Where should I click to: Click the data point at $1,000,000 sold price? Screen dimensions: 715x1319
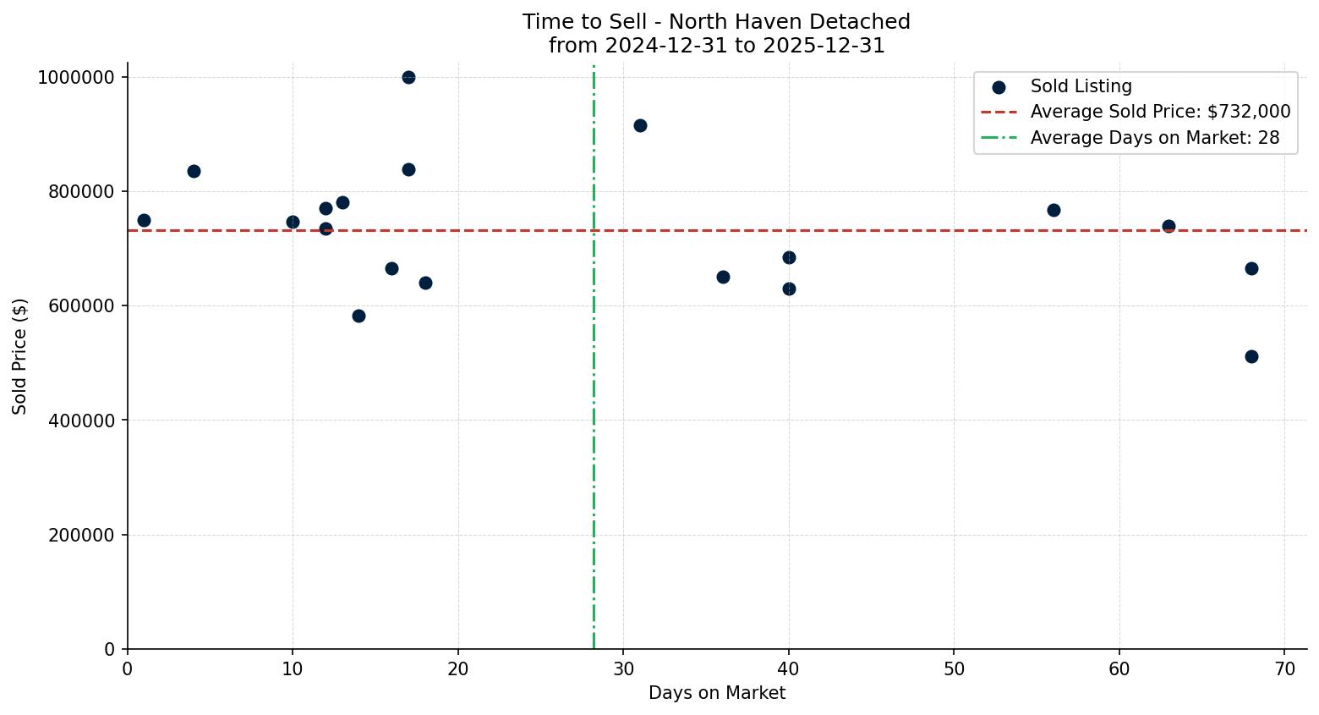click(x=408, y=77)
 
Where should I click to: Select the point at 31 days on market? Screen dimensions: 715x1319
click(x=640, y=125)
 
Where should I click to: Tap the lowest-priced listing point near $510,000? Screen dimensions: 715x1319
click(x=1251, y=356)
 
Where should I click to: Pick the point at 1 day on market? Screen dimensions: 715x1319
click(x=144, y=220)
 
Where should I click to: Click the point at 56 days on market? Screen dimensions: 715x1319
click(x=1054, y=210)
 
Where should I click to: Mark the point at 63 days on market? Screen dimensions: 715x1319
click(x=1168, y=226)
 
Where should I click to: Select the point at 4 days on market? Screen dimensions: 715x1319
click(x=194, y=171)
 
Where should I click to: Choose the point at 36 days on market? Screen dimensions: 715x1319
click(x=723, y=277)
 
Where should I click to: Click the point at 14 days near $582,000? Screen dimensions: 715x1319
click(x=358, y=316)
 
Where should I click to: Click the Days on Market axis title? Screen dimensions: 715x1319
click(x=717, y=693)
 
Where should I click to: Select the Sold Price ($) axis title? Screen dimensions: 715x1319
click(x=20, y=356)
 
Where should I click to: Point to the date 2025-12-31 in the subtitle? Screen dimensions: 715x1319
click(x=824, y=46)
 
